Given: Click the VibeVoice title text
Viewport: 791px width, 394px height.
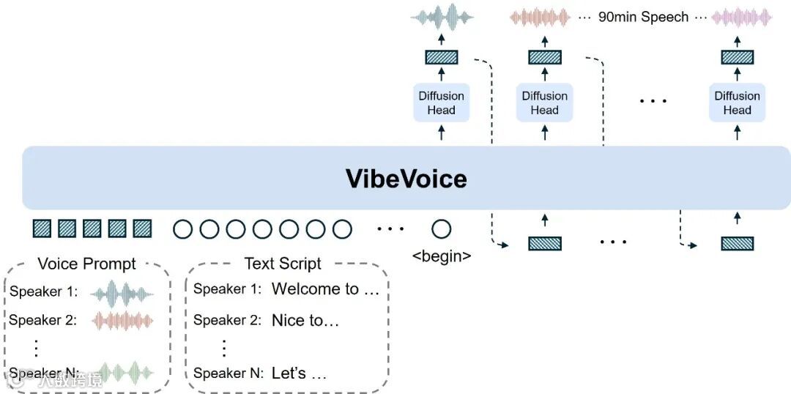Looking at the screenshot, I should point(406,179).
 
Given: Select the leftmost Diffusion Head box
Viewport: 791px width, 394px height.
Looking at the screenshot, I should point(441,103).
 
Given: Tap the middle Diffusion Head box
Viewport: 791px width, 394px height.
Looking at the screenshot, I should point(544,103).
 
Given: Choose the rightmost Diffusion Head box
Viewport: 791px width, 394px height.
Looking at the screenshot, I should point(737,103).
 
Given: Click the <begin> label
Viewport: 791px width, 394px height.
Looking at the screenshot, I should point(442,257).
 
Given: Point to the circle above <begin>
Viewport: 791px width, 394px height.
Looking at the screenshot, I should point(441,229).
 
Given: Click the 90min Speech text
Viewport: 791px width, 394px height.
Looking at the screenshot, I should point(643,17).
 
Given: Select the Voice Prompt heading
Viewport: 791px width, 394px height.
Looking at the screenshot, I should point(86,264).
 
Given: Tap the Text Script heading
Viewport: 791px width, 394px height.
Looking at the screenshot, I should point(283,264).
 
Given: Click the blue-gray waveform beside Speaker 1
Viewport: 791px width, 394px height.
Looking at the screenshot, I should point(122,292).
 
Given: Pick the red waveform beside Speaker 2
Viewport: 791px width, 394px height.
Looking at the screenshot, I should point(122,321).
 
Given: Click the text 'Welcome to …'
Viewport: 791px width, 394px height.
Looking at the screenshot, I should point(325,289).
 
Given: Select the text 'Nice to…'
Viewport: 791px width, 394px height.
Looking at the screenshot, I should point(305,320).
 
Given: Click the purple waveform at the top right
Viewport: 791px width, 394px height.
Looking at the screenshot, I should point(741,17).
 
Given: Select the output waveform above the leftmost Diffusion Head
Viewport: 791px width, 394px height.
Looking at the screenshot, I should point(442,18).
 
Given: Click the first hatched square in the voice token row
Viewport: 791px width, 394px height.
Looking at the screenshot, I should point(42,229).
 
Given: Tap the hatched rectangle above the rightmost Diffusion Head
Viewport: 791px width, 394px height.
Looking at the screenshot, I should point(737,56).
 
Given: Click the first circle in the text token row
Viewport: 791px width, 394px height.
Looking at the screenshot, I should point(183,229).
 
